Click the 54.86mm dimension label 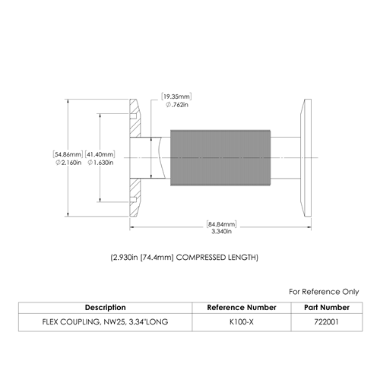pos(68,154)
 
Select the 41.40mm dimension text pos(100,154)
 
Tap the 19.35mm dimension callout pos(176,97)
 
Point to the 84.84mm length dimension pos(222,224)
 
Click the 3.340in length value pos(222,231)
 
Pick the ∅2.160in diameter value pos(68,163)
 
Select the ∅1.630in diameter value pos(100,163)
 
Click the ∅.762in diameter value pos(177,105)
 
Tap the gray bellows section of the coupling pos(220,158)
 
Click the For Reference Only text pos(324,292)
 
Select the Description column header pos(106,308)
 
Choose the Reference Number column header pos(242,308)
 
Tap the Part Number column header pos(327,308)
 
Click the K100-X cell pos(242,322)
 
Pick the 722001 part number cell pos(327,322)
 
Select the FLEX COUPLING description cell pos(105,322)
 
